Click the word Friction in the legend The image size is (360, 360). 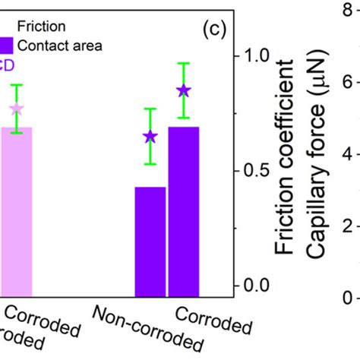coord(38,25)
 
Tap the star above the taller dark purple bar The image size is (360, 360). coord(183,91)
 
